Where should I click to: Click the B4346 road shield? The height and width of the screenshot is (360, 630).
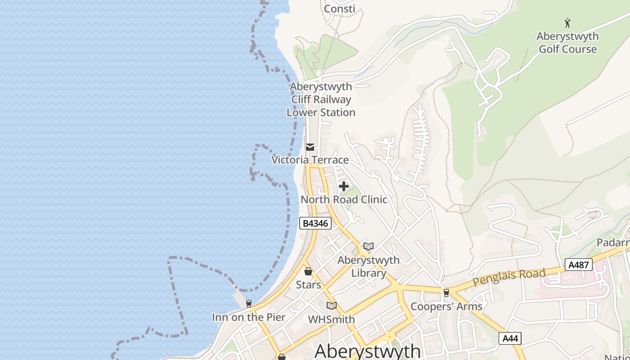point(315,223)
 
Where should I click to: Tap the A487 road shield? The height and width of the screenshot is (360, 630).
point(578,265)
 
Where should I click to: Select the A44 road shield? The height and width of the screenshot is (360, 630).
point(510,338)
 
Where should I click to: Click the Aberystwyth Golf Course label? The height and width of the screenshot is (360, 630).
point(567,43)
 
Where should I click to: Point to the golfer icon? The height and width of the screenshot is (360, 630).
point(567,22)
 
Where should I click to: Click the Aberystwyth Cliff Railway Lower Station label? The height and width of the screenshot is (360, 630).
point(321,99)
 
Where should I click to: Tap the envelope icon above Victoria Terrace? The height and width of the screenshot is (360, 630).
point(310,147)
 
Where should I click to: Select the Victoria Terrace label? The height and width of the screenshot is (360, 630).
point(310,160)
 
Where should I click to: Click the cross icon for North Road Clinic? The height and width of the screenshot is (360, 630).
point(344,186)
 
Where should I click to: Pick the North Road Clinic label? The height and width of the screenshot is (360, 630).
point(344,199)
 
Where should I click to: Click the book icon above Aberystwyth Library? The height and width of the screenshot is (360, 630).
point(369,246)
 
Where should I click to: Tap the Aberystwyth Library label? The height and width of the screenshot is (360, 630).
point(369,266)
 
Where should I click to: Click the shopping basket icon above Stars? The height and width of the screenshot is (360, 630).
point(308,271)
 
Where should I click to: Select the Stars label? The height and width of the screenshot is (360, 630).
point(308,285)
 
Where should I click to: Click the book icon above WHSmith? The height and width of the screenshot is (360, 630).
point(332,306)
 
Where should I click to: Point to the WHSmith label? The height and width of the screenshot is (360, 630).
point(332,319)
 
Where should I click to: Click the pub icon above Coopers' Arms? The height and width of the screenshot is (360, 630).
point(446,293)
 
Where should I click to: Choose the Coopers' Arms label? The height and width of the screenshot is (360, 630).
point(446,307)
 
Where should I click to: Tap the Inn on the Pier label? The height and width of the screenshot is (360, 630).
point(248,317)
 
